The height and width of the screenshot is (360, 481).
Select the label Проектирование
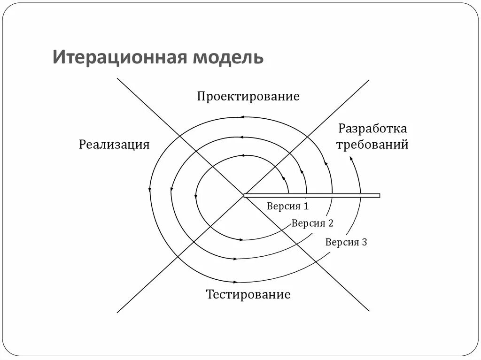(x=248, y=97)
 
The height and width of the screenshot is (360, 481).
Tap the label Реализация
(x=114, y=144)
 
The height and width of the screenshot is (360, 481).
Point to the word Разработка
(x=372, y=129)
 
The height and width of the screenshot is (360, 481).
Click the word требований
(x=372, y=144)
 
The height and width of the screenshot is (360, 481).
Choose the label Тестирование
(x=248, y=295)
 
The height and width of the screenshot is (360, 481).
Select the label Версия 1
(x=287, y=206)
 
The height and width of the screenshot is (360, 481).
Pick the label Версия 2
(x=312, y=223)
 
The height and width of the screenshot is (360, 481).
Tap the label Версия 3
(x=346, y=242)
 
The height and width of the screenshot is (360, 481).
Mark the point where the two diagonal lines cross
(x=243, y=195)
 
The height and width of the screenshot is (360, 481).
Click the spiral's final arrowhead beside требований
(x=351, y=159)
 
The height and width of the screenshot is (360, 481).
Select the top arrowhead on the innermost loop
(x=242, y=155)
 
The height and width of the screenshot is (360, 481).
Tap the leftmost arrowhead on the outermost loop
(x=149, y=190)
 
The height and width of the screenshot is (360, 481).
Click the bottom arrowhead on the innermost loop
(x=241, y=239)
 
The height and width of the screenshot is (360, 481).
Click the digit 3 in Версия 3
(x=364, y=242)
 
